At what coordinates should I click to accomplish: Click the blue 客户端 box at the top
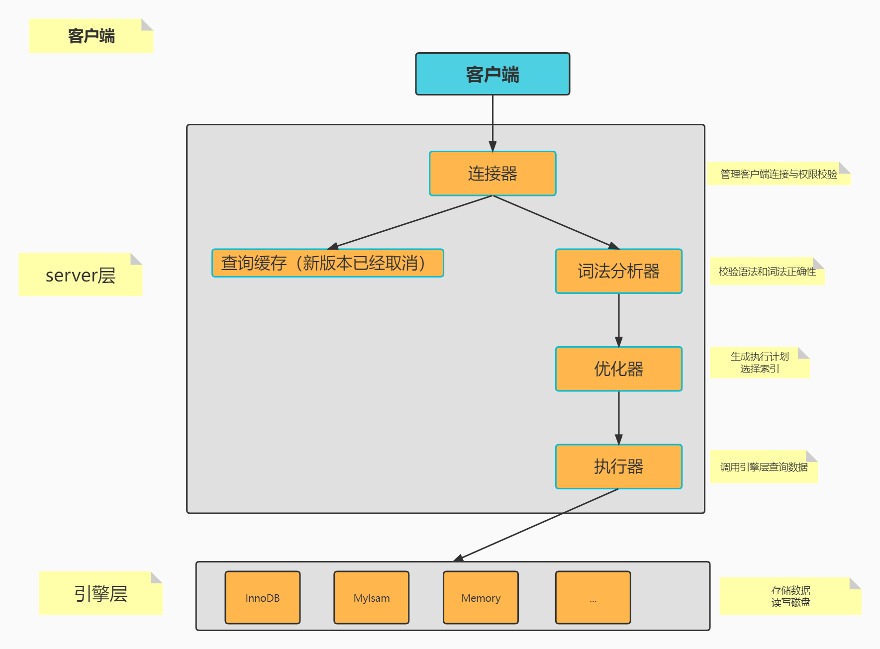492,74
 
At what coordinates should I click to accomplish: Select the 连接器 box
492,174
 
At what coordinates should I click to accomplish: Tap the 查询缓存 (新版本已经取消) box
327,263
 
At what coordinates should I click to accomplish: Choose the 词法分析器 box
618,271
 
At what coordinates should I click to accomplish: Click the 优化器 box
618,369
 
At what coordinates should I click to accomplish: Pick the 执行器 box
618,466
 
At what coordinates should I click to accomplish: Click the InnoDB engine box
262,597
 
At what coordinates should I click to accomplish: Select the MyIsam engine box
371,597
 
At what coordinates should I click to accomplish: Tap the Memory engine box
481,597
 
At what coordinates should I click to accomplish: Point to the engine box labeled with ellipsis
593,597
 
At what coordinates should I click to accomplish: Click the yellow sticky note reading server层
80,275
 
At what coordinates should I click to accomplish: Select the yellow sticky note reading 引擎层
100,593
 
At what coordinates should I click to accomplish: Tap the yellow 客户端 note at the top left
91,36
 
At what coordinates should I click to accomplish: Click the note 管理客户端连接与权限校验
779,174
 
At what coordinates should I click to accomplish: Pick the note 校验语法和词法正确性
767,272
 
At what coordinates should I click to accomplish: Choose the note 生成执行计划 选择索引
759,363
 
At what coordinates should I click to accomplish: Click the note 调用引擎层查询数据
764,467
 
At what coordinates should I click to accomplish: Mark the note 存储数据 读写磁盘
790,596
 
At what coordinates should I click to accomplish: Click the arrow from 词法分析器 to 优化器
619,319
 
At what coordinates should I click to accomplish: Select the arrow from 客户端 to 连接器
492,122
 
